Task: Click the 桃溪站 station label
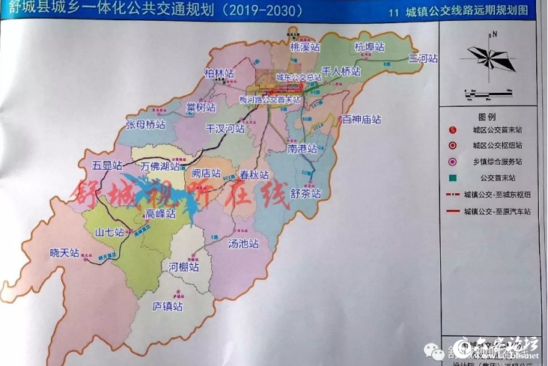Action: [305, 46]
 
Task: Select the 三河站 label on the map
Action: [423, 58]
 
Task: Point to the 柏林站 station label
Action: [219, 73]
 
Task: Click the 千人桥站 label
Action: [341, 72]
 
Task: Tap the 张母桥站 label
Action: [144, 124]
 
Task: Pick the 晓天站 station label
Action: [64, 253]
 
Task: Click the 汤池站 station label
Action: [243, 244]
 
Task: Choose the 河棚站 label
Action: [184, 266]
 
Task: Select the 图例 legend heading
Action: [487, 118]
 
